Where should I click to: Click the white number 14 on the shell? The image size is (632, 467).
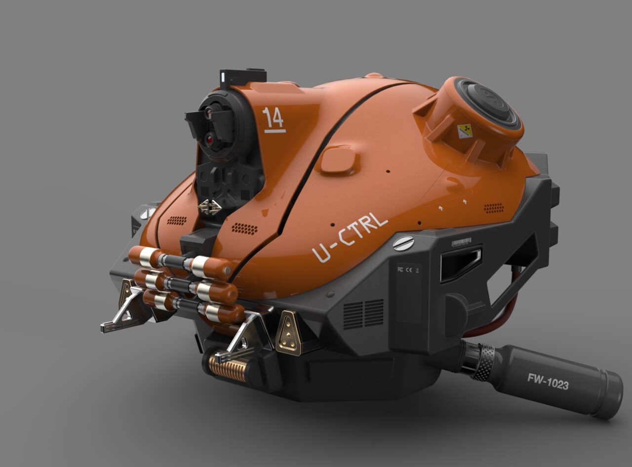coord(273,119)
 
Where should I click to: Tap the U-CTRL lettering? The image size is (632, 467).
coord(350,239)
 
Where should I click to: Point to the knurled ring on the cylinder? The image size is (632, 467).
coord(484,363)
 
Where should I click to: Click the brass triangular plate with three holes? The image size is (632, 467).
coord(289,332)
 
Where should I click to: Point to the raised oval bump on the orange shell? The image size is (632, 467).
coord(338,159)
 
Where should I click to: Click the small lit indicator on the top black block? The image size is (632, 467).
coord(223,77)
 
